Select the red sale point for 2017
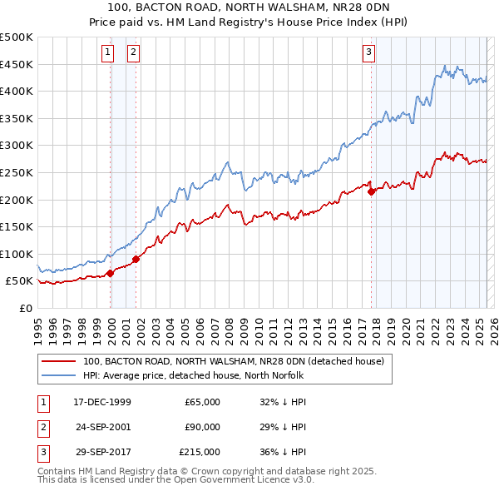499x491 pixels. (371, 191)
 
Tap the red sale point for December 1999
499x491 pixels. (111, 273)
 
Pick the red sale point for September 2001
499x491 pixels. (136, 259)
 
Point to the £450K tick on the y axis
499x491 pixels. (17, 64)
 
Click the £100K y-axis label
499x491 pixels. (17, 254)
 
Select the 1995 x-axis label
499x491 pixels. (37, 325)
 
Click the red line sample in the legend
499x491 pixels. (58, 362)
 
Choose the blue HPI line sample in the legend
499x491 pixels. (58, 375)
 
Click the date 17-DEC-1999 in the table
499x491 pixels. (102, 402)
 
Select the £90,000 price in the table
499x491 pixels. (202, 427)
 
